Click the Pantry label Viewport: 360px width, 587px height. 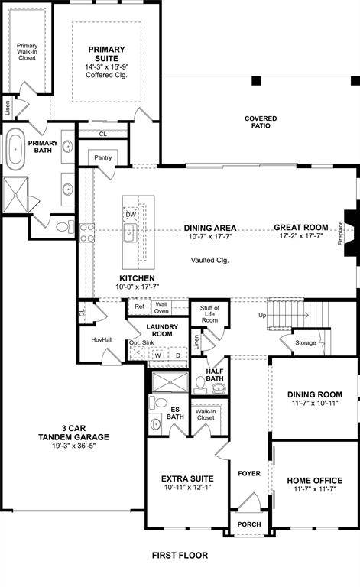pos(103,157)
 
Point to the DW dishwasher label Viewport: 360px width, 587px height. pos(131,215)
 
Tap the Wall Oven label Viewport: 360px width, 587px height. pos(161,307)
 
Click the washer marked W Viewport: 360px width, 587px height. pos(157,355)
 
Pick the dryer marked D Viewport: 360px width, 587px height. pos(177,355)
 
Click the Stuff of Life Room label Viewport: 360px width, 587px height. pos(209,314)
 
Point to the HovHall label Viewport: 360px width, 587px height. pos(102,339)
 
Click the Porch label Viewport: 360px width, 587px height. pos(249,524)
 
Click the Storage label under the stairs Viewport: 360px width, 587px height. pos(305,342)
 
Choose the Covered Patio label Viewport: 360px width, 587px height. pos(261,122)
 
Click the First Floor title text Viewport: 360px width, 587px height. pos(179,556)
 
